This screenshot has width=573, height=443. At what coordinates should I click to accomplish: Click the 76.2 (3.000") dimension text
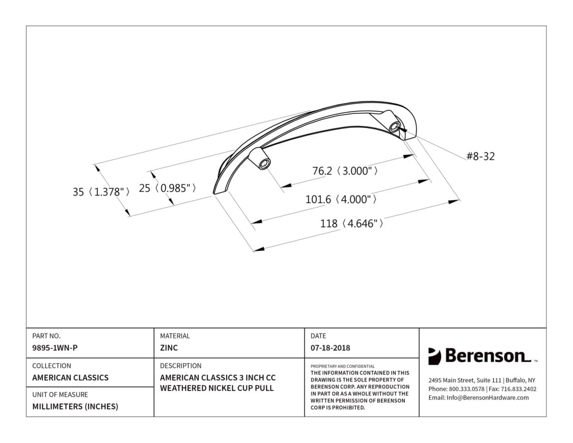(x=345, y=171)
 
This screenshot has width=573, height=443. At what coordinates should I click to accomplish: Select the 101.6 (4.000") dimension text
(x=341, y=199)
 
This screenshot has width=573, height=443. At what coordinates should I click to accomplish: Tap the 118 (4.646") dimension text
(x=352, y=223)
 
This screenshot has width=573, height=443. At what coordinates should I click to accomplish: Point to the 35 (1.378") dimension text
(x=101, y=191)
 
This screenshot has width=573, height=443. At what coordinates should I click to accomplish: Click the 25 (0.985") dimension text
(x=167, y=188)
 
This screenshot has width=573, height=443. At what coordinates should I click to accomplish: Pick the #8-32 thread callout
(x=480, y=156)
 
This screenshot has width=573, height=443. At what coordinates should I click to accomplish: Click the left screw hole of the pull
(x=263, y=164)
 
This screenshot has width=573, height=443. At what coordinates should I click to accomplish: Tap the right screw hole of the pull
(x=394, y=127)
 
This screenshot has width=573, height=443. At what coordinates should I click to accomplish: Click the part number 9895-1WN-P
(x=55, y=348)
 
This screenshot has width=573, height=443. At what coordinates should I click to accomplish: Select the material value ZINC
(x=169, y=348)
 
